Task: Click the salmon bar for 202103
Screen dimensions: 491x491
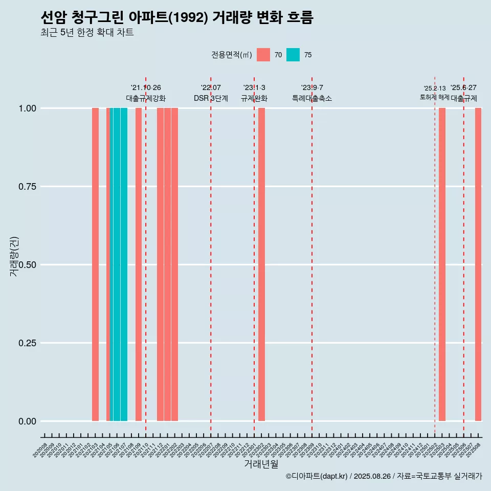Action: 95,264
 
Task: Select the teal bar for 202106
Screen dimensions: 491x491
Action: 117,264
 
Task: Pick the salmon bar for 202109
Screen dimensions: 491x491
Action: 139,264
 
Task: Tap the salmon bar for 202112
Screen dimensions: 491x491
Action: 160,264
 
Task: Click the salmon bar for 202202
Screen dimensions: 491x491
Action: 174,264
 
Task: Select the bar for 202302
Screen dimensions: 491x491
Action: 261,264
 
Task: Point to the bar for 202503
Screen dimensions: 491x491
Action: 442,264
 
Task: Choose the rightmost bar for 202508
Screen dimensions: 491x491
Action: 478,264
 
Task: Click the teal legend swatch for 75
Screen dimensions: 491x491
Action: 293,55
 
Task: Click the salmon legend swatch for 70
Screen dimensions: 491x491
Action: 263,55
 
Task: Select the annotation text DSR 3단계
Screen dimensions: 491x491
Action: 211,98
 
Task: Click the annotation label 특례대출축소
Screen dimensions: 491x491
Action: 312,98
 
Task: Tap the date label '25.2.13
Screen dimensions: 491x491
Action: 435,88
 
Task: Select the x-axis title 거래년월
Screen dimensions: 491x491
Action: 261,464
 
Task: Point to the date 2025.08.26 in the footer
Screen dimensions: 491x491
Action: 372,476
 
